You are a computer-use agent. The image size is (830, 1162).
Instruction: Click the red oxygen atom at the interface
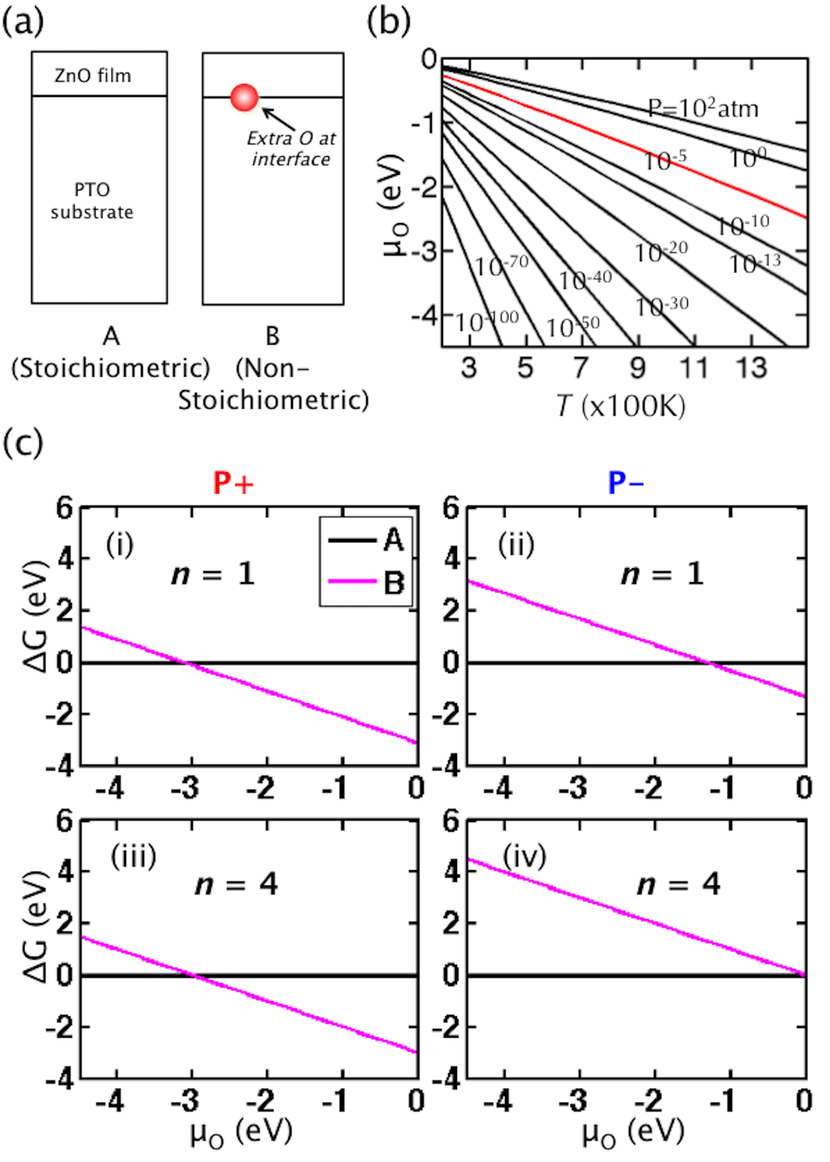(244, 98)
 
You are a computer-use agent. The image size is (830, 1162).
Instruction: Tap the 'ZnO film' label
(93, 75)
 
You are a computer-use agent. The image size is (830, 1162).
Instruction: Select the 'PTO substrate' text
(92, 200)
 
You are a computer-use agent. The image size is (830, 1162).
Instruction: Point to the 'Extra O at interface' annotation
(291, 148)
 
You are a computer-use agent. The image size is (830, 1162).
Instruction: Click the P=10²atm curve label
(703, 108)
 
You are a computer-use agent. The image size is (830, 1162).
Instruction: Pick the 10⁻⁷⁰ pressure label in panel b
(501, 265)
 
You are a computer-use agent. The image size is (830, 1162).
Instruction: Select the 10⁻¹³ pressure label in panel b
(754, 263)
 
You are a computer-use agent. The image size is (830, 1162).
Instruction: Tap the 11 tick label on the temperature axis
(694, 368)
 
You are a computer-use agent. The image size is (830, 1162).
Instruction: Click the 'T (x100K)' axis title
(620, 406)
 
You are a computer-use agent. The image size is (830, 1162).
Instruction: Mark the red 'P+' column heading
(233, 483)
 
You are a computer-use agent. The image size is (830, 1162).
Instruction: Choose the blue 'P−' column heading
(625, 483)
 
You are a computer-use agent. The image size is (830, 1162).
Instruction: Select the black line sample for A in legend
(352, 540)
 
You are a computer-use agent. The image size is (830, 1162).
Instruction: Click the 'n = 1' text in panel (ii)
(662, 574)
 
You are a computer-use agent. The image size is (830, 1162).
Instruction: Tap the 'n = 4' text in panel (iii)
(236, 884)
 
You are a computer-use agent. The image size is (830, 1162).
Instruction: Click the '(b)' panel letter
(388, 21)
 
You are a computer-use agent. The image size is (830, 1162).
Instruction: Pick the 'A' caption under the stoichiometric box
(111, 336)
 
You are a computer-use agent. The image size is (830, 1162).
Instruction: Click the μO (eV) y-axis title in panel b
(395, 205)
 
